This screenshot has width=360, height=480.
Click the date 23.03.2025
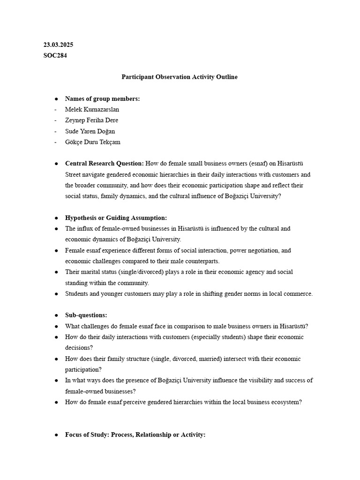[x=58, y=45]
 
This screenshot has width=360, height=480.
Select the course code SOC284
[x=55, y=55]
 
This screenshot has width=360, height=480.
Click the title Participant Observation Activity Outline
[x=180, y=77]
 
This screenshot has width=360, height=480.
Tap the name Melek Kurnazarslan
[x=92, y=109]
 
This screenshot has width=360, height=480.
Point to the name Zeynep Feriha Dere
[x=91, y=120]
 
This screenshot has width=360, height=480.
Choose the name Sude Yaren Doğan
[x=90, y=131]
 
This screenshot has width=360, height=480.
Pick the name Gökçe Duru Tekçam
[x=93, y=142]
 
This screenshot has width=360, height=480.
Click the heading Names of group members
[x=102, y=98]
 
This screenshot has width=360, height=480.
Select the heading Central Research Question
[x=104, y=164]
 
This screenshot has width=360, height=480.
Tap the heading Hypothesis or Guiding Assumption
[x=116, y=218]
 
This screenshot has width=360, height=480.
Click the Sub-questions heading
[x=86, y=315]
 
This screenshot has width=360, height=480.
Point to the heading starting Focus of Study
[x=135, y=435]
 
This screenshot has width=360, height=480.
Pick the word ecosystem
[x=286, y=402]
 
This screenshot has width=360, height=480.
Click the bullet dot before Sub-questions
[x=56, y=315]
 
